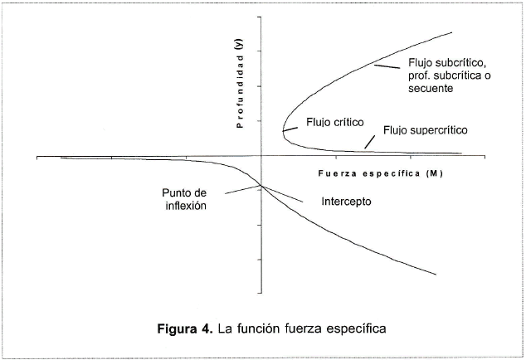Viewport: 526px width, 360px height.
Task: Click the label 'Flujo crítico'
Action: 336,122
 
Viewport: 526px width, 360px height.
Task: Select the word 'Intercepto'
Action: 345,202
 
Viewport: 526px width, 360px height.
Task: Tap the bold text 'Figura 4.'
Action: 185,328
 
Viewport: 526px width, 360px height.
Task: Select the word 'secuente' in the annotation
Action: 431,90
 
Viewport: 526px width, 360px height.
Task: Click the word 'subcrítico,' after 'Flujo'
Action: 459,63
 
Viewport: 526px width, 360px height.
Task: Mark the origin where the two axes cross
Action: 261,155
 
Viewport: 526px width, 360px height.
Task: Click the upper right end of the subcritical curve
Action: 451,32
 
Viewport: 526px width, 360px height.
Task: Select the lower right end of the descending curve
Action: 436,275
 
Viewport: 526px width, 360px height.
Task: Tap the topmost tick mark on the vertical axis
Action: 261,17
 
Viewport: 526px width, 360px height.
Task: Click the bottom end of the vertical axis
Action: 261,294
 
